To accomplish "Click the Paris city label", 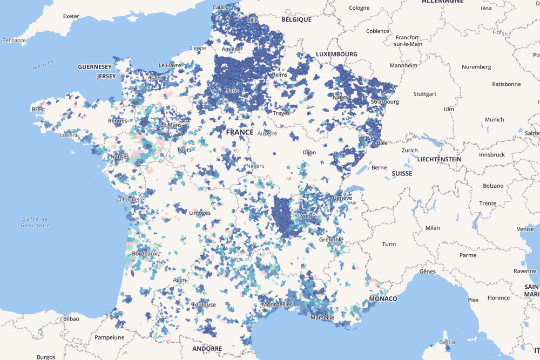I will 232,91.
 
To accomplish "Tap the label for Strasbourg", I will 384,101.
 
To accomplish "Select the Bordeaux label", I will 144,253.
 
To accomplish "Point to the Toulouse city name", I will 204,305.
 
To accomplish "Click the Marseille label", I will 322,317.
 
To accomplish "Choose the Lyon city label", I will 304,216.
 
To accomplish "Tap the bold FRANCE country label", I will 240,132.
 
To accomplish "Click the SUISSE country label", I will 402,174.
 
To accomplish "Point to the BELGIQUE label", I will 296,19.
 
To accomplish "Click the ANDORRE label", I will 207,349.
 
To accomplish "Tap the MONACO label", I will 383,298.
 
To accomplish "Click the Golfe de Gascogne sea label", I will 36,222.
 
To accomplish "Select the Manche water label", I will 43,65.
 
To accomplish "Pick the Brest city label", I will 38,109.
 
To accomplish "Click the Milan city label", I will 433,228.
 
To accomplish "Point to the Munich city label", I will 494,120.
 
